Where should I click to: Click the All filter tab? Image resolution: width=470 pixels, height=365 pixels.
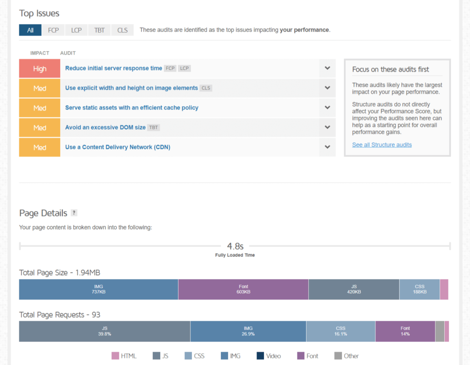pyautogui.click(x=30, y=30)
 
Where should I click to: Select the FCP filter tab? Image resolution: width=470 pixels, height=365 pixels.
pyautogui.click(x=53, y=30)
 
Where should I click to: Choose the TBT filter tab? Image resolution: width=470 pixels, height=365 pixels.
pyautogui.click(x=99, y=30)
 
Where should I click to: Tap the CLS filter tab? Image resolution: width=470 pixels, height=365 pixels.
pyautogui.click(x=122, y=30)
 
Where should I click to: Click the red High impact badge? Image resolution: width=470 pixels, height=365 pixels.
pyautogui.click(x=39, y=68)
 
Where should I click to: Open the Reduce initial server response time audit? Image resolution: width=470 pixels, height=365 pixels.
pyautogui.click(x=113, y=68)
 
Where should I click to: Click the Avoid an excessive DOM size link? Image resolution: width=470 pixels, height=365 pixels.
pyautogui.click(x=105, y=127)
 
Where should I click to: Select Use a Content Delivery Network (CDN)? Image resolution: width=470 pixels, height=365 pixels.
pyautogui.click(x=117, y=147)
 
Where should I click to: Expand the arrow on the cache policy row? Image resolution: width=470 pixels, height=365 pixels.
pyautogui.click(x=327, y=108)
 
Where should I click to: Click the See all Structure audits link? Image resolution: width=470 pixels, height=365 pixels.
pyautogui.click(x=382, y=145)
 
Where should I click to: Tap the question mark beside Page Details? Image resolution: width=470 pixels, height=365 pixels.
pyautogui.click(x=74, y=213)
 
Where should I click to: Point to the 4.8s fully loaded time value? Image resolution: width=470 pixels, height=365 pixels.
pyautogui.click(x=235, y=247)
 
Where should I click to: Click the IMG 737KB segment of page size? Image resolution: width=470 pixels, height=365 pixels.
pyautogui.click(x=98, y=289)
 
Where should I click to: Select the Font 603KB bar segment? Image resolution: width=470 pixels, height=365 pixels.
pyautogui.click(x=243, y=289)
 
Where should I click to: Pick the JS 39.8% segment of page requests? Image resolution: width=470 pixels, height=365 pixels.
pyautogui.click(x=104, y=331)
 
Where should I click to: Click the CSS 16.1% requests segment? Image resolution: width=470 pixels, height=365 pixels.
pyautogui.click(x=341, y=331)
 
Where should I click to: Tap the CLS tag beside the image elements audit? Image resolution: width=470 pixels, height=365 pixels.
pyautogui.click(x=206, y=88)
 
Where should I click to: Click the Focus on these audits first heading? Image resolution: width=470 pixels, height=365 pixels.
pyautogui.click(x=391, y=70)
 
